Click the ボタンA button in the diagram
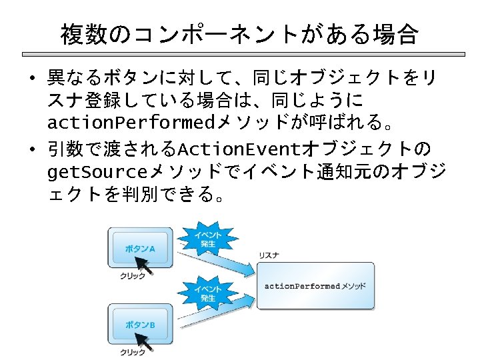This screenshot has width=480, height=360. [141, 248]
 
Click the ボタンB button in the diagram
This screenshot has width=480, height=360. [141, 324]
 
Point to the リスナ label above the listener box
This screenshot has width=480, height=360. [269, 255]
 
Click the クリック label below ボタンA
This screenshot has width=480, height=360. [132, 277]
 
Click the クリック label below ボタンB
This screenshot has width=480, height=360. [132, 352]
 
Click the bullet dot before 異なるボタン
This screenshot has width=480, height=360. [32, 78]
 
